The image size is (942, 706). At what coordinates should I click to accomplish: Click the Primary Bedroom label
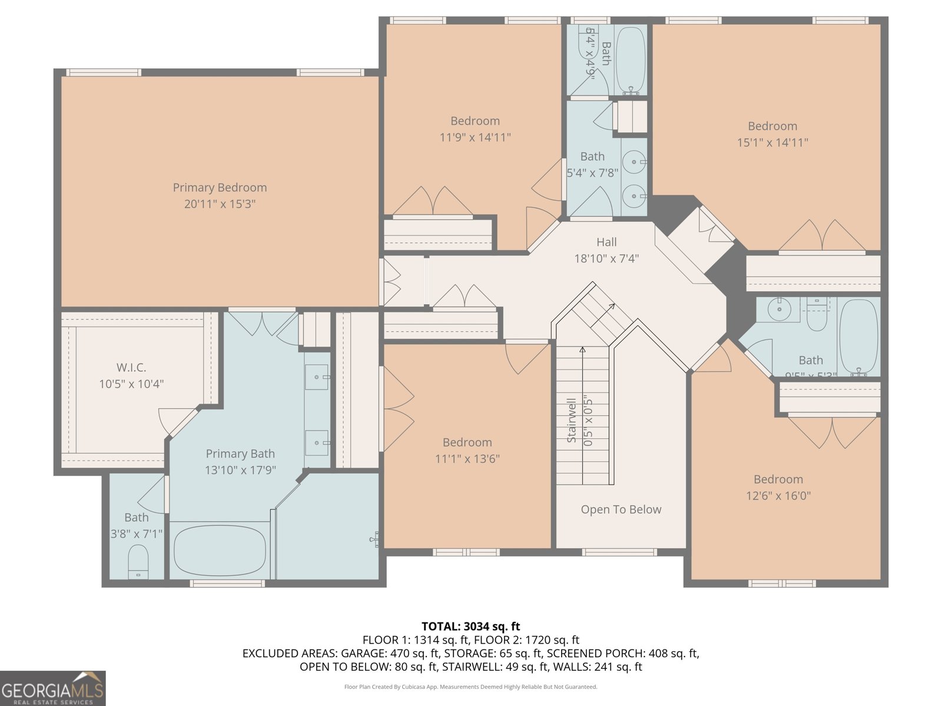point(220,188)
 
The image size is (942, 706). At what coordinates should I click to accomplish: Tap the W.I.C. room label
point(131,368)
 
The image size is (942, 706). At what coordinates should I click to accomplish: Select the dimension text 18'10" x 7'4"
point(606,258)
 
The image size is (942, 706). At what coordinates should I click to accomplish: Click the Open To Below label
point(621,509)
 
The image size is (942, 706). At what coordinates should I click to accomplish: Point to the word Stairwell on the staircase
point(571,421)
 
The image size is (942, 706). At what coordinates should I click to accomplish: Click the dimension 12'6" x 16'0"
point(778,496)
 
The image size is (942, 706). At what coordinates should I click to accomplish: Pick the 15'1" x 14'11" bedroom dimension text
point(772,142)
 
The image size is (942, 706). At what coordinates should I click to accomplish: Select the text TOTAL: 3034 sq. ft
point(470,627)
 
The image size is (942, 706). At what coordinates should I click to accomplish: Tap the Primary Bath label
point(240,454)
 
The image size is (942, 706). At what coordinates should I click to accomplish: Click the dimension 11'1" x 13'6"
point(467,459)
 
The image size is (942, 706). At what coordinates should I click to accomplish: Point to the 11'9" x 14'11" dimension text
point(475,138)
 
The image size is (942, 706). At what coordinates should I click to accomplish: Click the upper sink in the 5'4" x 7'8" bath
point(634,160)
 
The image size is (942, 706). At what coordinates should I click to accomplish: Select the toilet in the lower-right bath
point(817,316)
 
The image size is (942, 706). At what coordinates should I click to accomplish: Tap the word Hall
point(606,242)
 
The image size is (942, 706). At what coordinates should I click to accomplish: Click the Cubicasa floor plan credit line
point(470,687)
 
